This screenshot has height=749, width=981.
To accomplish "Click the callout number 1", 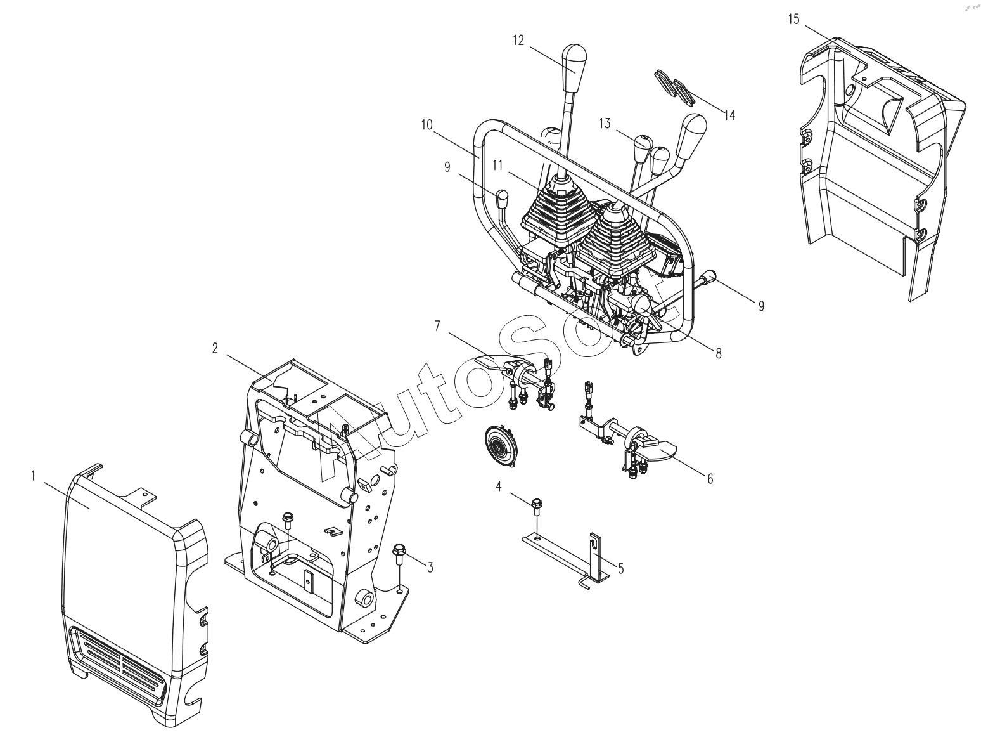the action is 32,475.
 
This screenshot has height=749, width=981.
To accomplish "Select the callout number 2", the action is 215,348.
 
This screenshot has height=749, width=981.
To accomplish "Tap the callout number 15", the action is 793,20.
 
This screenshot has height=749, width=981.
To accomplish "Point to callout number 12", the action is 518,40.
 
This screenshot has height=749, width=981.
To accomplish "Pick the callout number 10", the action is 426,125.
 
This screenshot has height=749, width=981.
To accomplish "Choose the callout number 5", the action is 620,568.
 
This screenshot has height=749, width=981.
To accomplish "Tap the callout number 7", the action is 437,325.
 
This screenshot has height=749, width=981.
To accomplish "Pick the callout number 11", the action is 497,166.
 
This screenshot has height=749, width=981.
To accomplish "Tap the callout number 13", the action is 605,123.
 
